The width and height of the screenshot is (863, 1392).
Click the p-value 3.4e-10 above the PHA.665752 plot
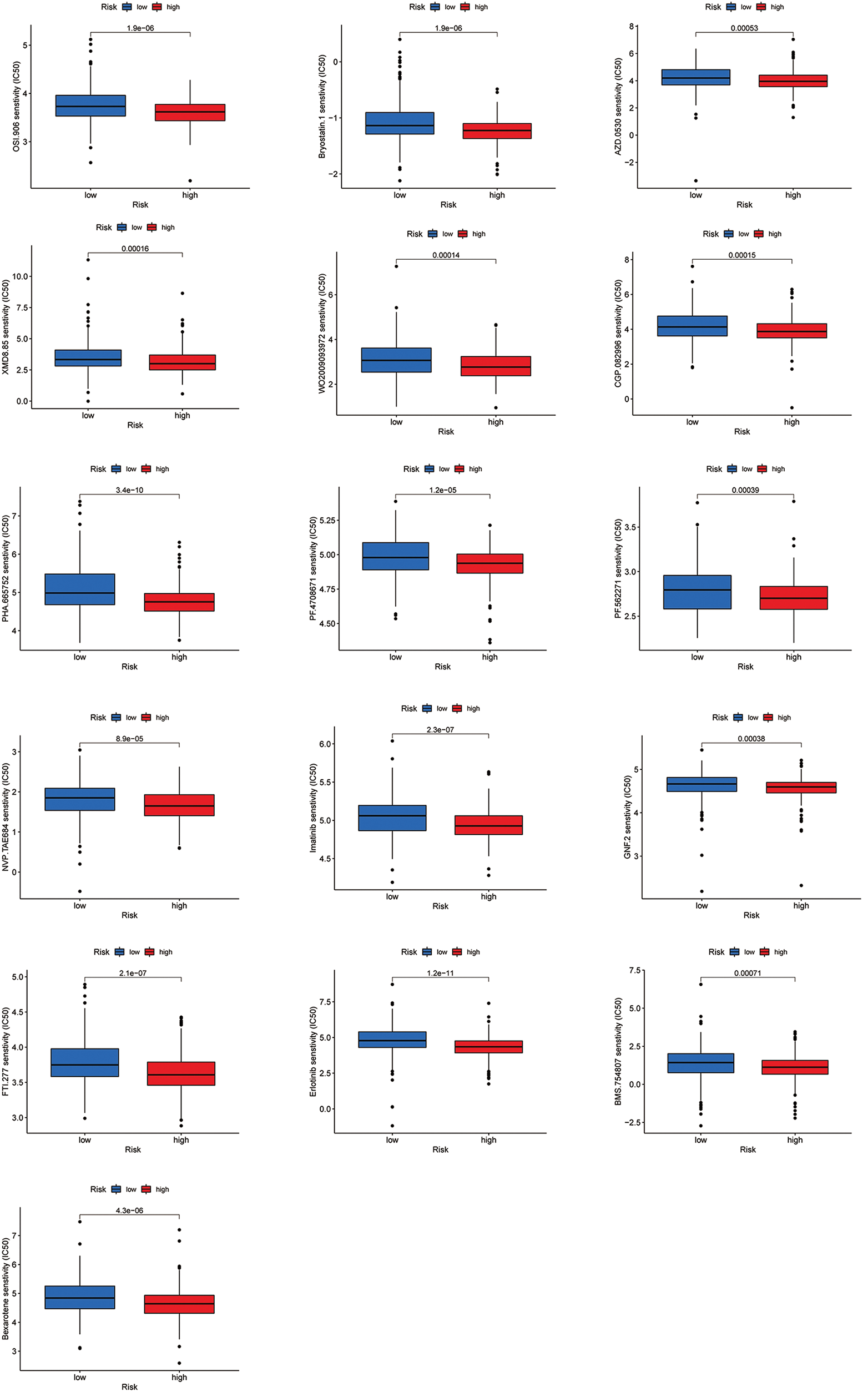(x=129, y=490)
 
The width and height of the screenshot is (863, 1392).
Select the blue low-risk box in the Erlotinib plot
(x=392, y=1040)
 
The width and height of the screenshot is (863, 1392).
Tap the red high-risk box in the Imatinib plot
(x=488, y=825)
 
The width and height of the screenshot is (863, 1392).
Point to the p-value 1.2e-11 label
(x=440, y=972)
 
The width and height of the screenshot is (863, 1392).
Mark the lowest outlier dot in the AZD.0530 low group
(x=696, y=180)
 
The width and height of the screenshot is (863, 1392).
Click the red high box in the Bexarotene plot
(x=179, y=1304)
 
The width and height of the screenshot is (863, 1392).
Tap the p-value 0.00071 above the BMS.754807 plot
(x=748, y=972)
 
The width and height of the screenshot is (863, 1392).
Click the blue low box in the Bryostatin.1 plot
(x=400, y=123)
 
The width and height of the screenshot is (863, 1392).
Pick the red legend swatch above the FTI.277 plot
(x=149, y=951)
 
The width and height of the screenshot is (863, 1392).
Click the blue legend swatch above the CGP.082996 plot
(x=728, y=234)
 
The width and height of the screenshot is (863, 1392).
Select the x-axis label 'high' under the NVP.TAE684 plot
(x=179, y=905)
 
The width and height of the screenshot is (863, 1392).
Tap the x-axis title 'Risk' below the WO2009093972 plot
(x=446, y=431)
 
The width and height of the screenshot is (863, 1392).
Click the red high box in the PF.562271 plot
(x=794, y=598)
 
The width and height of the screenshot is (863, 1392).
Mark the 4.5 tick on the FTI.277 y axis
(x=18, y=1012)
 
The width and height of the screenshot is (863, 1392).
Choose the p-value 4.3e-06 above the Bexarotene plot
(x=129, y=1210)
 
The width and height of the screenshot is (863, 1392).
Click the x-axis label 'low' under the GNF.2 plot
(x=701, y=905)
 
